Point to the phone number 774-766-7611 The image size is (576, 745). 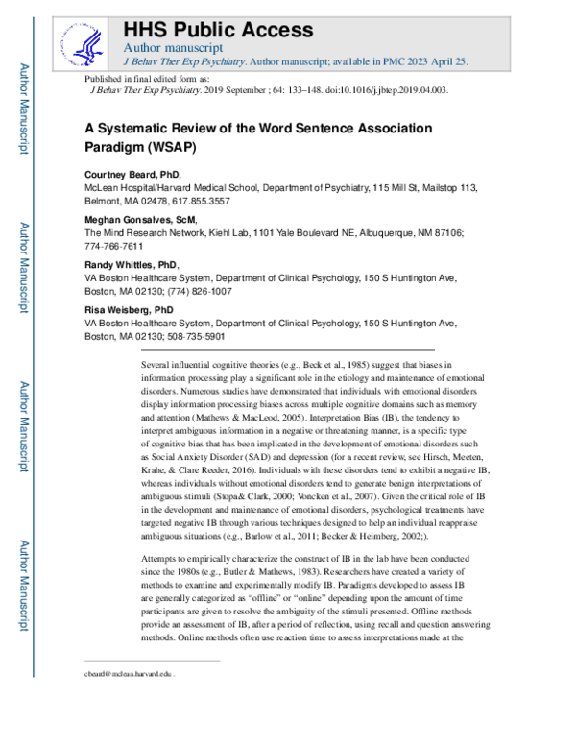click(x=114, y=247)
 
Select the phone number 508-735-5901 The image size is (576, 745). click(x=200, y=337)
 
